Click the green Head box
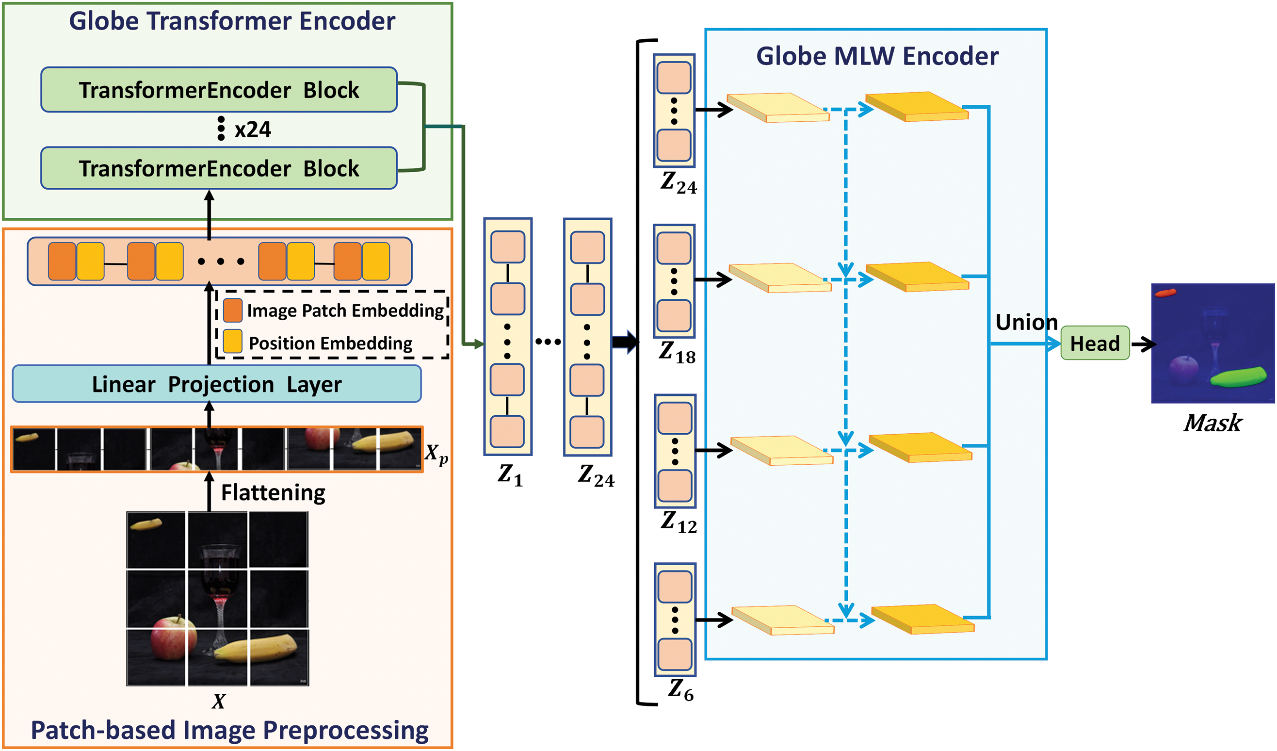[x=1095, y=343]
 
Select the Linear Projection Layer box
[x=216, y=384]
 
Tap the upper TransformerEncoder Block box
[x=219, y=90]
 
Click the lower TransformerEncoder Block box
[x=219, y=168]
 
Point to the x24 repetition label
[x=252, y=130]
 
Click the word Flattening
[x=273, y=492]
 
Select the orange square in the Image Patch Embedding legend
[x=233, y=310]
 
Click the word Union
[x=1026, y=322]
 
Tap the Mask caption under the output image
[x=1212, y=423]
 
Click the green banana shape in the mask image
[x=1238, y=377]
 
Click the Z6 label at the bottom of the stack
[x=680, y=690]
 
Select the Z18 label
[x=677, y=352]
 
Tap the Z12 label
[x=679, y=522]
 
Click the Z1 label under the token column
[x=510, y=475]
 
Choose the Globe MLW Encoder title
[x=877, y=56]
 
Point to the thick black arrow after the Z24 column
[x=625, y=342]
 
